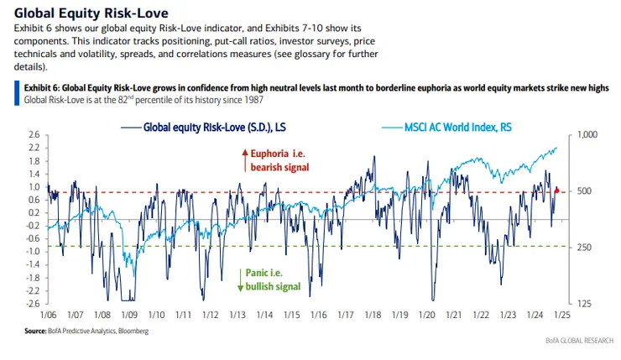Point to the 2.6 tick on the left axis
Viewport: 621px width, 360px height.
[33, 134]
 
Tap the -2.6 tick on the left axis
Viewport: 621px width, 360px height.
[31, 304]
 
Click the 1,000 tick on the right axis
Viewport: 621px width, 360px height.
[586, 134]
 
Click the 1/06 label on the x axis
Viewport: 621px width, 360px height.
[47, 316]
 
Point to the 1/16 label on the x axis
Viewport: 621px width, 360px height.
[319, 316]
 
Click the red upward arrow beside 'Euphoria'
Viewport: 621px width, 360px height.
[244, 154]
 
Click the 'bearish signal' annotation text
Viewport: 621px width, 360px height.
[279, 168]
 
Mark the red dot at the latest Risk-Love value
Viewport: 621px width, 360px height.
[556, 190]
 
